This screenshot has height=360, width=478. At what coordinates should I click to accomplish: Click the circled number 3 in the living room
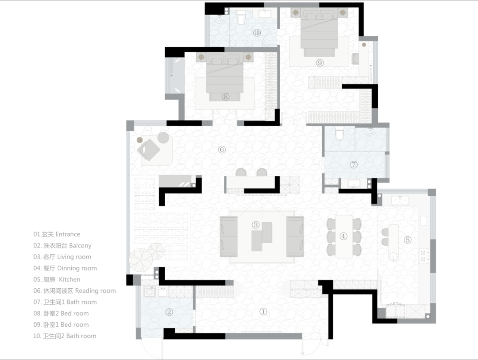[x=255, y=225]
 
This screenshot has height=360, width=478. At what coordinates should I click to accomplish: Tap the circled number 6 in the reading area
[x=222, y=150]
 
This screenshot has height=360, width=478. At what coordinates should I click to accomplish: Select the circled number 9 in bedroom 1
[x=320, y=63]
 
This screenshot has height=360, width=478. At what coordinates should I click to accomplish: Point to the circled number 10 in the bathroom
[x=257, y=33]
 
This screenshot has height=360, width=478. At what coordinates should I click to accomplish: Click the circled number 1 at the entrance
[x=263, y=311]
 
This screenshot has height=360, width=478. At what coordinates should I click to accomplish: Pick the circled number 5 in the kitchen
[x=408, y=240]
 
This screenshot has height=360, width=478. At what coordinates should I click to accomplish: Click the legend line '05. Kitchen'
[x=57, y=279]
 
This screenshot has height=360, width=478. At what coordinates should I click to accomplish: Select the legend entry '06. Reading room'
[x=75, y=291]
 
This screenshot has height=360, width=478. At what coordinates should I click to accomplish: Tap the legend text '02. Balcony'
[x=62, y=246]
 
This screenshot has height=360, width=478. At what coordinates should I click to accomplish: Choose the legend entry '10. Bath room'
[x=65, y=336]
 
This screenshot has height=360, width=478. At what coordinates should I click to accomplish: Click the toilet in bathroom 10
[x=241, y=18]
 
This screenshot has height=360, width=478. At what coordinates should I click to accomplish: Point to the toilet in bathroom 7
[x=339, y=133]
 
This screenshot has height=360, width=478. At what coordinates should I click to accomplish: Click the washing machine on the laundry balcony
[x=150, y=291]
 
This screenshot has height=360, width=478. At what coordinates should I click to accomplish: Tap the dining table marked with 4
[x=344, y=236]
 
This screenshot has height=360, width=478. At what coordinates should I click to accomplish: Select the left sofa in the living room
[x=229, y=236]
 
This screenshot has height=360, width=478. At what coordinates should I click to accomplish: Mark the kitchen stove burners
[x=423, y=255]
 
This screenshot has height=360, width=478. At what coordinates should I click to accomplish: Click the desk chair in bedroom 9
[x=355, y=58]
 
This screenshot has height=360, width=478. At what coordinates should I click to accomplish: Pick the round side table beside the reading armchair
[x=163, y=138]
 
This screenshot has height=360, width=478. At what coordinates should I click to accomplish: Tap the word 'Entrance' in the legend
[x=68, y=234]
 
